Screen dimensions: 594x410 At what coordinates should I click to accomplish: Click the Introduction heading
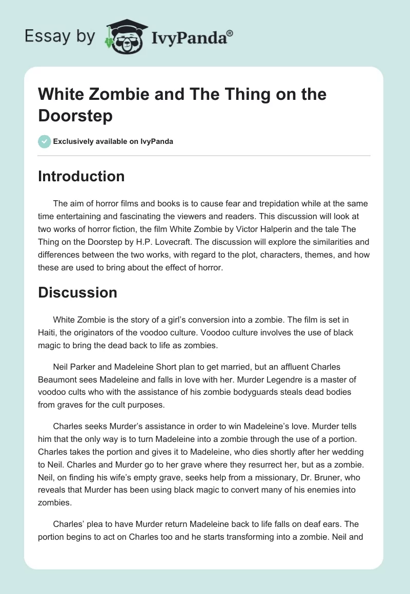click(81, 177)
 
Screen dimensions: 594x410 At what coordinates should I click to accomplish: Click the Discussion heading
click(77, 292)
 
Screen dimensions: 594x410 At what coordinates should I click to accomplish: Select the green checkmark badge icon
click(44, 141)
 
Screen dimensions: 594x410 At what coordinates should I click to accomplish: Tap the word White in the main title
click(60, 95)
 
